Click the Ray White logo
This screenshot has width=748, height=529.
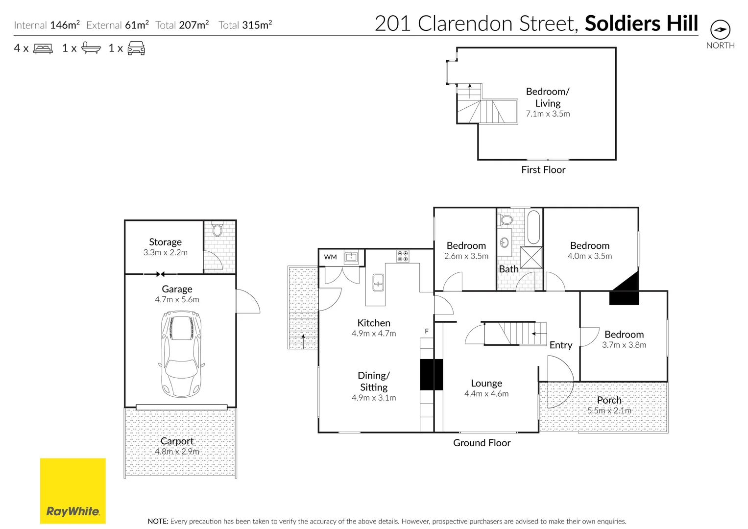coord(72,491)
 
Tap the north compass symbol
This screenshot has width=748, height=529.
coord(720,30)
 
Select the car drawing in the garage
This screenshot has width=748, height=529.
coord(181,355)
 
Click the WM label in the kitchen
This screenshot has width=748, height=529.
coord(330,257)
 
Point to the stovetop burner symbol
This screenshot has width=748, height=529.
coord(403,256)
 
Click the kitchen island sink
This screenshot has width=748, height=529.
coord(378,283)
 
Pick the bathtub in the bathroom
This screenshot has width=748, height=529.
coord(533,227)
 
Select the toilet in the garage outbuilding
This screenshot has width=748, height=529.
coord(217,229)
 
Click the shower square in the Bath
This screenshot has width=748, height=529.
coord(531,258)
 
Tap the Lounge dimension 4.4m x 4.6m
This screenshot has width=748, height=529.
coord(486,394)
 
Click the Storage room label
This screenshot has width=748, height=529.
coord(165,242)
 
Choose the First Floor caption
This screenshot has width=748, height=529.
coord(543,170)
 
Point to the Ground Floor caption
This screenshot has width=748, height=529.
coord(482,443)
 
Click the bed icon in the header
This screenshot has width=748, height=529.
coord(43,48)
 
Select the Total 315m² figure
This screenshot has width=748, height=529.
coord(245,25)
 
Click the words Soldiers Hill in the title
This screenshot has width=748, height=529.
coord(641,24)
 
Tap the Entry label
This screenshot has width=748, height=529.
coord(560,345)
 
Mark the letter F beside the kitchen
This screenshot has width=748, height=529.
coord(427,332)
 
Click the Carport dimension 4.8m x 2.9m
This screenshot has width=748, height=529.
coord(177,452)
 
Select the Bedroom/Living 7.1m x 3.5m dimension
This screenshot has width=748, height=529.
coord(548,114)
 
